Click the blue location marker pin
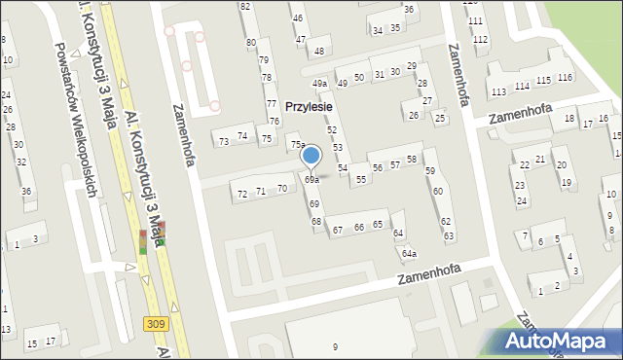pos(311,157)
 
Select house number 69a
pos(311,180)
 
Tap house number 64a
pos(410,254)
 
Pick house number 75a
pos(297,144)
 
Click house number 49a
pos(319,85)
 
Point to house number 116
pos(565,78)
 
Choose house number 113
pos(498,91)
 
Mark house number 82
pos(245,7)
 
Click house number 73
pos(224,142)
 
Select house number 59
pos(430,171)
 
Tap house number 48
pos(319,51)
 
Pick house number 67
pos(338,231)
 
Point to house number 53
pos(338,147)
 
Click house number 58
pos(412,159)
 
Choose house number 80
pos(251,43)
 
